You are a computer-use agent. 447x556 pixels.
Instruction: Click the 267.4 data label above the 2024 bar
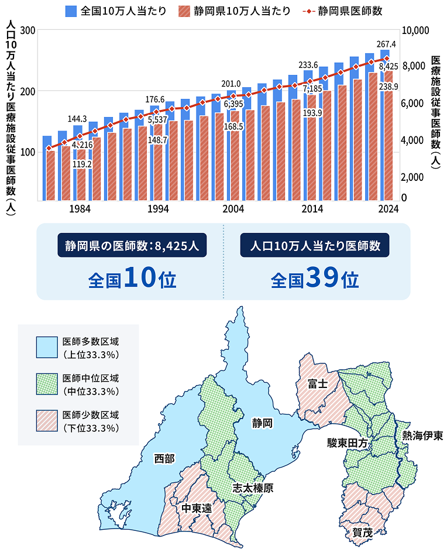386,44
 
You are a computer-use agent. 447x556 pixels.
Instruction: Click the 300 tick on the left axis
27,30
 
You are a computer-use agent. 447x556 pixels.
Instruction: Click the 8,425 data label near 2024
388,67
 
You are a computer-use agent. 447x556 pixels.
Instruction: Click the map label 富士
317,383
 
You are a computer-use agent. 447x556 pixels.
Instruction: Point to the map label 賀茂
362,532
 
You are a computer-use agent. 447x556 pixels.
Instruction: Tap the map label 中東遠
196,508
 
